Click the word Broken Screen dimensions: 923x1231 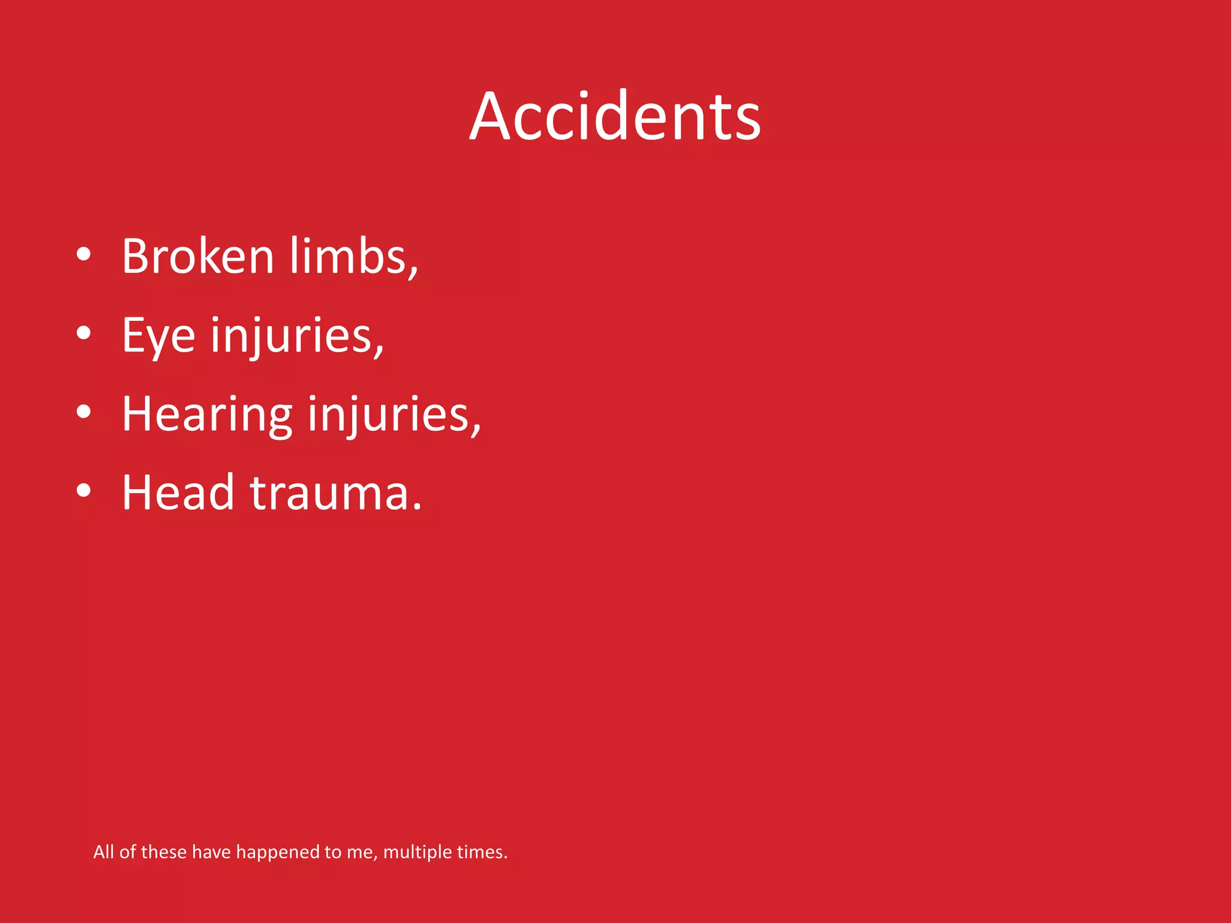tap(198, 257)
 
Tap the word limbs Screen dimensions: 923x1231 tap(349, 257)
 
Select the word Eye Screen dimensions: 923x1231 tap(159, 336)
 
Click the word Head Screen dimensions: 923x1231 tap(178, 493)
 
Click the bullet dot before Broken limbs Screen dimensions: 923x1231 tap(84, 254)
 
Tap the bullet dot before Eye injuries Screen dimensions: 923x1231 tap(84, 333)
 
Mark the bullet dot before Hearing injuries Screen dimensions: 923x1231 tap(84, 412)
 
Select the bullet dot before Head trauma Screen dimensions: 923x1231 tap(84, 490)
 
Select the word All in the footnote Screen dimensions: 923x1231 tap(103, 851)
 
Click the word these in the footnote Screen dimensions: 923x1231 tap(163, 851)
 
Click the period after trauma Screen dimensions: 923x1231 tap(417, 508)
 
